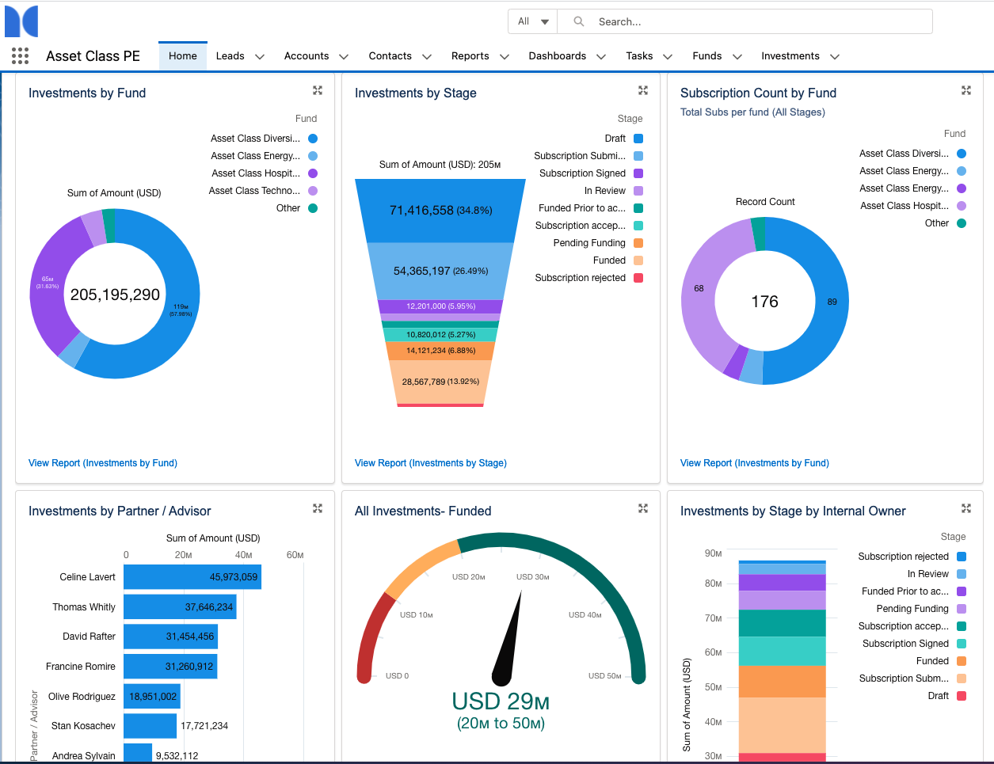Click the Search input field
(x=752, y=21)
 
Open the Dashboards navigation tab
(x=557, y=56)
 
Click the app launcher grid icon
(x=21, y=55)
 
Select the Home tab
(x=183, y=56)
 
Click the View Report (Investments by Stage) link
(x=430, y=463)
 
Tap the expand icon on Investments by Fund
(x=318, y=91)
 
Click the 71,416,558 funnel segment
(x=440, y=211)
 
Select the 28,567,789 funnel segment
(x=440, y=382)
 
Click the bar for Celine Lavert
(x=192, y=577)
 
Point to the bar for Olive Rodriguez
(x=152, y=697)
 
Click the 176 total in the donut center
(x=764, y=302)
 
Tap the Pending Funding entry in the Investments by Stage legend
(x=589, y=243)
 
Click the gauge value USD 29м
(x=501, y=701)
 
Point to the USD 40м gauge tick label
(x=585, y=615)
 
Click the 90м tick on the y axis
(x=713, y=553)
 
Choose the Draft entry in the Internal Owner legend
(x=938, y=696)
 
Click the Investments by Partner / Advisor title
(x=120, y=511)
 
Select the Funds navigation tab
(x=706, y=56)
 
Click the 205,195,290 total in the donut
(x=115, y=295)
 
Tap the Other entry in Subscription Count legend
(x=936, y=223)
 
